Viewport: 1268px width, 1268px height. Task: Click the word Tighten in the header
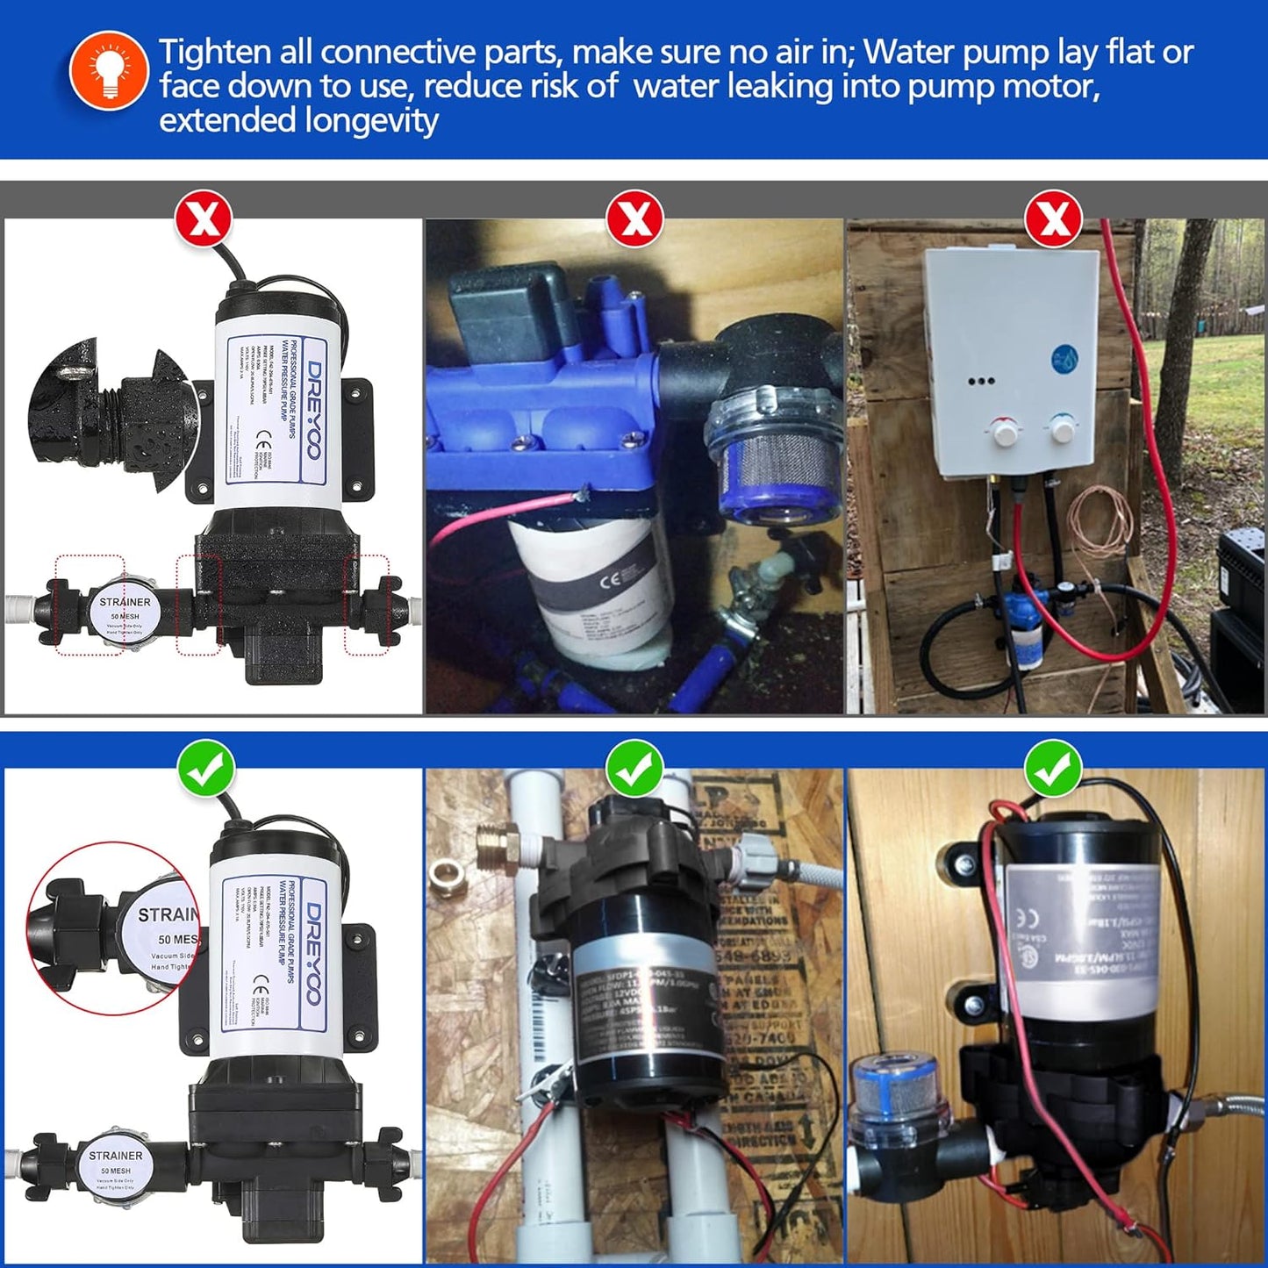(x=214, y=53)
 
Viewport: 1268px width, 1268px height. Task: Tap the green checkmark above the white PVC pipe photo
(x=634, y=768)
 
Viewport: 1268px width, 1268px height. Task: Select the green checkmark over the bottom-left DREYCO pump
(x=206, y=768)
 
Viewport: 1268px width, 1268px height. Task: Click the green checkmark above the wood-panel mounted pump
(x=1053, y=768)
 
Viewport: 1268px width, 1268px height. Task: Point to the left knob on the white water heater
(x=1005, y=433)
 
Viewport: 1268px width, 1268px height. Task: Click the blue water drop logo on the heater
(x=1064, y=359)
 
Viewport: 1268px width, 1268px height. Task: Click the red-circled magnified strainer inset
(x=114, y=930)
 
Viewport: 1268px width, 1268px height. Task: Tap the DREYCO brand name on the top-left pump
(x=312, y=409)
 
